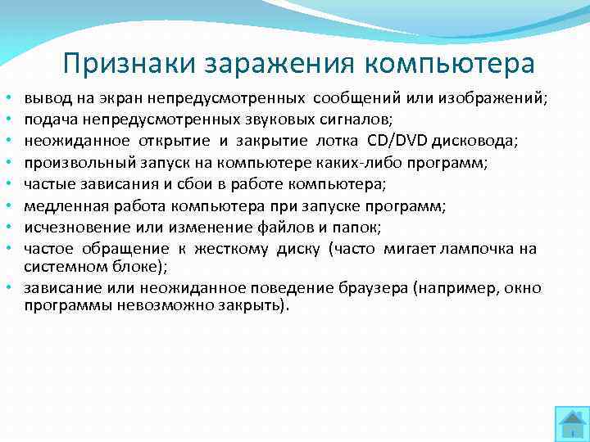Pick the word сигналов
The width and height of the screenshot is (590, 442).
356,120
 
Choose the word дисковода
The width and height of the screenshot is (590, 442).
474,141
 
